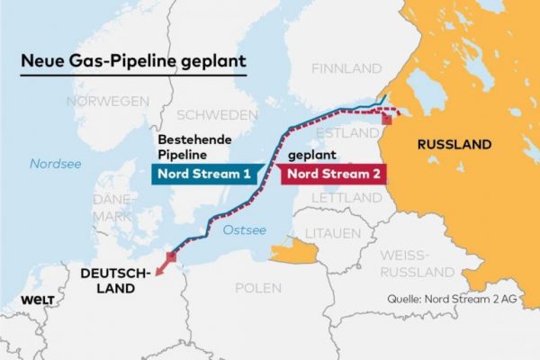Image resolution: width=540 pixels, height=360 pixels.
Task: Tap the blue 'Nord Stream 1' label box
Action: (x=206, y=174)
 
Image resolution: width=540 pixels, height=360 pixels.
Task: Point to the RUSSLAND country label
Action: (x=454, y=144)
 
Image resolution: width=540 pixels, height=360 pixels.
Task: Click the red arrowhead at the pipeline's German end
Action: (x=158, y=269)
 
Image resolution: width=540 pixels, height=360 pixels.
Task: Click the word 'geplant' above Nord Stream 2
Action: (x=310, y=155)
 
